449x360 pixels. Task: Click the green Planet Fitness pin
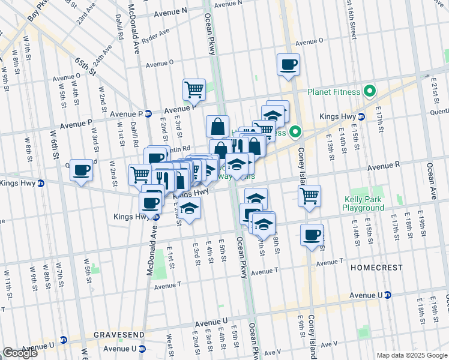coord(370,92)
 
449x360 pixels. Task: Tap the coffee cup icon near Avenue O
coord(288,64)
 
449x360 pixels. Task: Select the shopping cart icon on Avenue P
coord(194,90)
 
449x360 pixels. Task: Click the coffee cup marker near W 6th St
coord(81,170)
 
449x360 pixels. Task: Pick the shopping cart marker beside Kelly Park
coord(309,195)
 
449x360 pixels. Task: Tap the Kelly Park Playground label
coord(364,203)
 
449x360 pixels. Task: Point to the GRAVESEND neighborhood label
coord(118,334)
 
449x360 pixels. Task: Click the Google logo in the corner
coord(20,352)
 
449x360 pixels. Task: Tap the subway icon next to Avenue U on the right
coord(388,295)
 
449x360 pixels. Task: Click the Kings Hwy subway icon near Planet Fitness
coord(361,116)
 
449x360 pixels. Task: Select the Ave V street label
coord(273,352)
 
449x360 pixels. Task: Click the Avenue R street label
coord(384,164)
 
